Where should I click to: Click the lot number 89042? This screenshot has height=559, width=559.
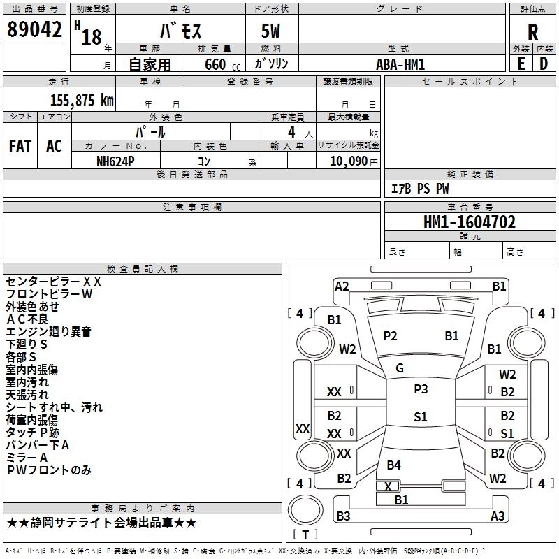tap(34, 29)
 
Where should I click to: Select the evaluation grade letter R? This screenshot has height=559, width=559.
tap(532, 32)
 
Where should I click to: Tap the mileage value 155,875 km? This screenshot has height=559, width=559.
tap(82, 101)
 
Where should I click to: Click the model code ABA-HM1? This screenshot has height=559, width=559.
tap(400, 64)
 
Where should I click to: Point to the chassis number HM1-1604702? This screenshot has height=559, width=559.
tap(470, 222)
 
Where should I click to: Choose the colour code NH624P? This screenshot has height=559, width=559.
tap(115, 161)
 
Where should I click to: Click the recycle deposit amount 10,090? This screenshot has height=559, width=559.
tap(349, 161)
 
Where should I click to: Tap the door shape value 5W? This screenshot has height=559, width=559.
tap(270, 31)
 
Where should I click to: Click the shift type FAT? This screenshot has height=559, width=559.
tap(20, 146)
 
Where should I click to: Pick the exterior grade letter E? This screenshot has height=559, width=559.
tap(521, 64)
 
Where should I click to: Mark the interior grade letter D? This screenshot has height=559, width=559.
tap(544, 64)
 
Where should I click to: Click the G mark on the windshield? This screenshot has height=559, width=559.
tap(400, 368)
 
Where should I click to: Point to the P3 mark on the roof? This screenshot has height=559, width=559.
tap(421, 389)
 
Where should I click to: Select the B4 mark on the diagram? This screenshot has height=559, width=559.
tap(393, 465)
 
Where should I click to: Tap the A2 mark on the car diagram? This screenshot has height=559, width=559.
tap(342, 286)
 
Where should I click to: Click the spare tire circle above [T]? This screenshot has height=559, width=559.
tap(305, 510)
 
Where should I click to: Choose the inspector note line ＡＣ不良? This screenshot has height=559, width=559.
tap(27, 319)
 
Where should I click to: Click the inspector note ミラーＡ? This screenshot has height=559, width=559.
tap(27, 458)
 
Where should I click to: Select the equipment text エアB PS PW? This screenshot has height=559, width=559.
tap(420, 189)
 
